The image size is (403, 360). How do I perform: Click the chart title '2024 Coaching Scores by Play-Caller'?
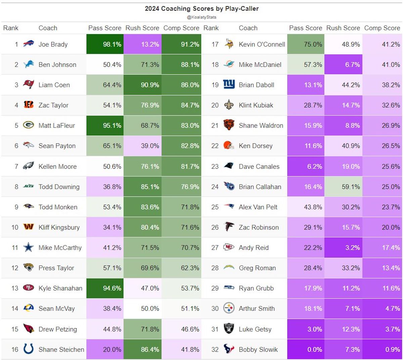point(201,9)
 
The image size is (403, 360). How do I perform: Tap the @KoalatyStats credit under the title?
point(201,17)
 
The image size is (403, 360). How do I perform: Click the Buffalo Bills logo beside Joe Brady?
point(29,44)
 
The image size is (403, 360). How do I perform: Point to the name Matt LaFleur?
point(56,125)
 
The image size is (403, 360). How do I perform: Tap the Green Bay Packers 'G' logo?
point(29,125)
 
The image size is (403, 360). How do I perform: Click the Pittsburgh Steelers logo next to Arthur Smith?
point(229,308)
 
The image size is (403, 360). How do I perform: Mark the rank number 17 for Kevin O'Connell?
point(215,44)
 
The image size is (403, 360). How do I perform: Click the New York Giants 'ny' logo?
point(229,85)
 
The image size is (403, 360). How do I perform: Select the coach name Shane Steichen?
point(61,350)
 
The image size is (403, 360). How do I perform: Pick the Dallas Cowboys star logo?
point(29,248)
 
